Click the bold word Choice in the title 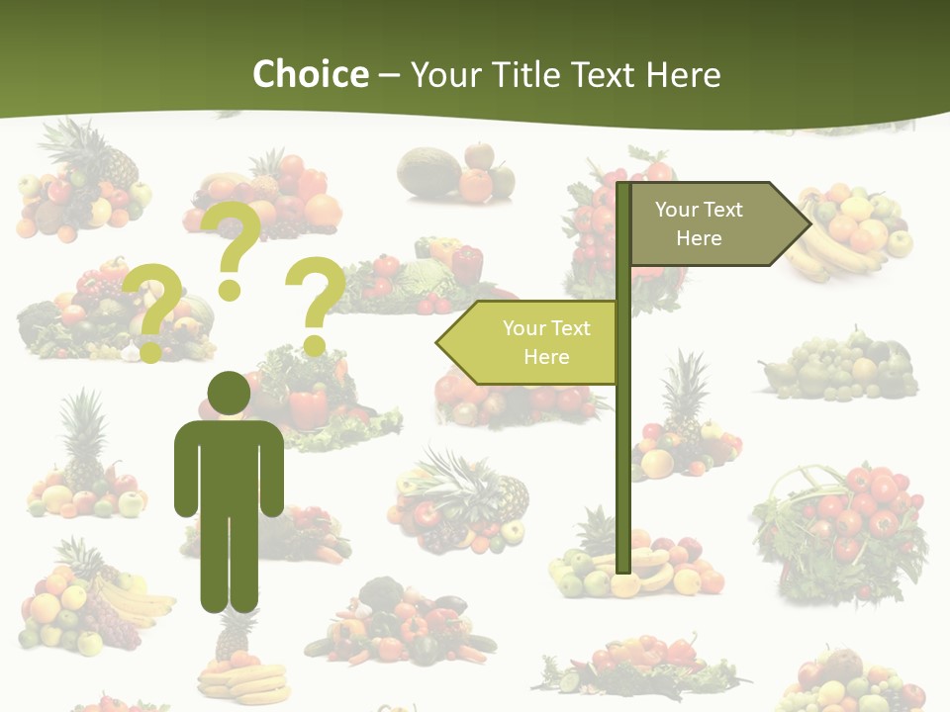click(x=310, y=74)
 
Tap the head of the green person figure click(x=229, y=394)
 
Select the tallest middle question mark click(x=234, y=247)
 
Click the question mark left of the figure click(x=152, y=311)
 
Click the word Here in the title click(x=684, y=74)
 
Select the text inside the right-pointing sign click(x=699, y=223)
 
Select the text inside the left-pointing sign click(x=545, y=342)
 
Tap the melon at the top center click(x=427, y=171)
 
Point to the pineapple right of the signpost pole click(x=684, y=396)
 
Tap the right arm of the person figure click(x=271, y=470)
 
